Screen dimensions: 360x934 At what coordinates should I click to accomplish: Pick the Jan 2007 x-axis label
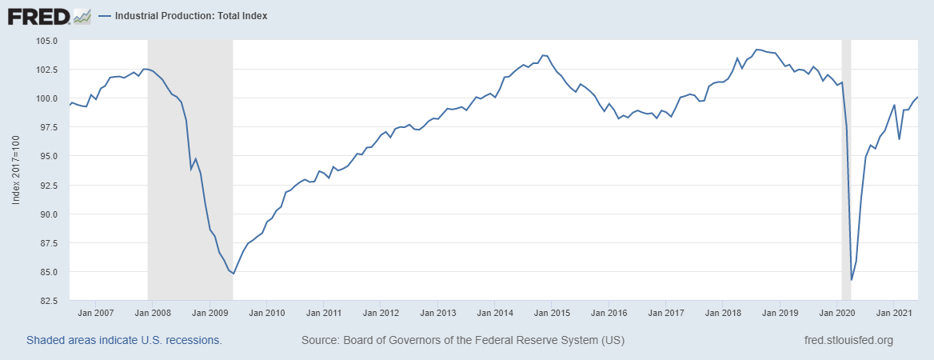pos(96,314)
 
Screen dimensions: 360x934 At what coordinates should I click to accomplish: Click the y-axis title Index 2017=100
pos(16,170)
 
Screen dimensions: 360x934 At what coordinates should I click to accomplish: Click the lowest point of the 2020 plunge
pos(852,280)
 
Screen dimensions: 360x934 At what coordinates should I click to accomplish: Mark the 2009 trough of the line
pos(233,274)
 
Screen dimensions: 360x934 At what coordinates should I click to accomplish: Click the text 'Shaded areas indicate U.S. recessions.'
pos(124,340)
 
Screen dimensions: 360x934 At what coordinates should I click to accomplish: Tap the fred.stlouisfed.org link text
pos(848,340)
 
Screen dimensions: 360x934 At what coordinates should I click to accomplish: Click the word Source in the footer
pos(320,340)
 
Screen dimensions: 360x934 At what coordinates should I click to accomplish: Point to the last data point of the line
pos(917,97)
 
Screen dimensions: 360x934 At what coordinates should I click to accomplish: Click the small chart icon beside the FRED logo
pos(82,16)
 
